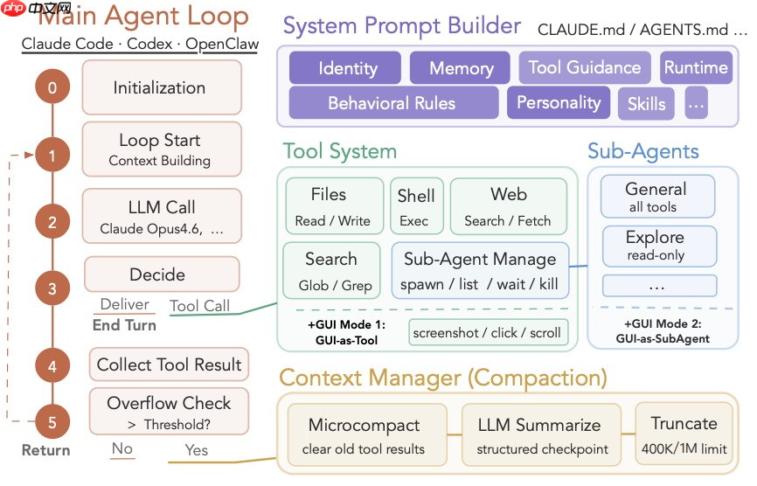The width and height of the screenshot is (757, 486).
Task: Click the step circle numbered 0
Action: tap(52, 87)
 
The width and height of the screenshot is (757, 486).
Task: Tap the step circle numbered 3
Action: tap(52, 288)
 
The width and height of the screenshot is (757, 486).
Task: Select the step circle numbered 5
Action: tap(52, 422)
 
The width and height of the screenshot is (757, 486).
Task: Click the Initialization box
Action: tap(162, 87)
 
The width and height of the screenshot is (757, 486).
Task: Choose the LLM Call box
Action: tap(162, 216)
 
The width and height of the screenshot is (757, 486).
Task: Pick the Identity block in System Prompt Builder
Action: tap(345, 67)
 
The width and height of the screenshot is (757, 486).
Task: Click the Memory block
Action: tap(460, 67)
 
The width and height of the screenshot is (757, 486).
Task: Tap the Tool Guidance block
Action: tap(585, 67)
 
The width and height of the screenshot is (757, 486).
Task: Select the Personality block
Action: tap(559, 102)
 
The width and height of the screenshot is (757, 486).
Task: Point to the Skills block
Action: tap(646, 103)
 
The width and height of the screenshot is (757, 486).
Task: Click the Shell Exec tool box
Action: tap(416, 206)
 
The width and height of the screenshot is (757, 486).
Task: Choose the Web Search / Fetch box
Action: tap(509, 206)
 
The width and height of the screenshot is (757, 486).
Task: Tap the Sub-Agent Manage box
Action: tap(481, 271)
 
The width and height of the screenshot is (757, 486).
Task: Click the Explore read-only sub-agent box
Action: tap(659, 246)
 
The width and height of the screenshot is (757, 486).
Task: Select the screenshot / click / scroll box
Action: tap(488, 332)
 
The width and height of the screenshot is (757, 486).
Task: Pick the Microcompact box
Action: tap(367, 434)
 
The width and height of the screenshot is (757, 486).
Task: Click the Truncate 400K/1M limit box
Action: tap(684, 434)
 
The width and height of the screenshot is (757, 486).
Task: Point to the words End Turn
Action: tap(124, 325)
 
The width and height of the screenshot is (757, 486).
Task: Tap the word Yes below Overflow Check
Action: tap(197, 450)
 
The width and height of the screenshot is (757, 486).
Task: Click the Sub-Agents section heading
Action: tap(643, 151)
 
